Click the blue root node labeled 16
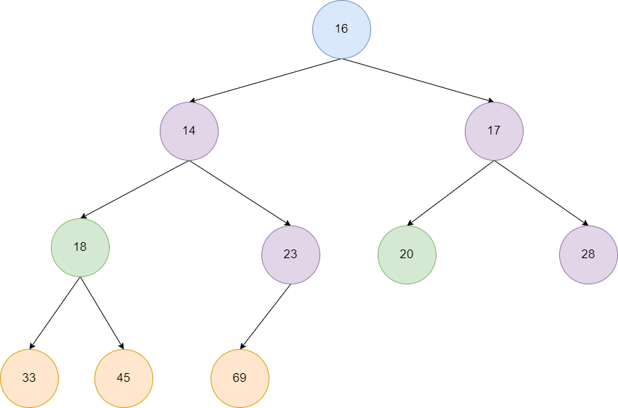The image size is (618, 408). (x=342, y=29)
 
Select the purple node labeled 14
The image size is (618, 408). (x=190, y=132)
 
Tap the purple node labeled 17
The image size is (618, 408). (x=495, y=132)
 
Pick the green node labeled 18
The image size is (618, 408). (x=80, y=247)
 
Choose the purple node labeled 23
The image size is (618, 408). (x=291, y=255)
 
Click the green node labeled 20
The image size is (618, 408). (x=407, y=255)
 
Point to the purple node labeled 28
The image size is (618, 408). (x=588, y=255)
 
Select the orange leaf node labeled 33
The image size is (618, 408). (x=29, y=378)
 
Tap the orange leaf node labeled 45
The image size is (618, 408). (x=123, y=378)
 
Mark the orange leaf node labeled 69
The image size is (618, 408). (x=240, y=378)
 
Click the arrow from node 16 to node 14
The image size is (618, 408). (x=265, y=80)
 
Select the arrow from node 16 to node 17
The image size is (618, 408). (x=418, y=80)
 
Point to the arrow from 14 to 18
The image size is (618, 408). (x=135, y=189)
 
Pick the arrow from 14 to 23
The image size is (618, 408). (x=240, y=193)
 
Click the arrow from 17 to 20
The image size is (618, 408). (x=450, y=193)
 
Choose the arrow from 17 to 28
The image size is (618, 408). (x=541, y=193)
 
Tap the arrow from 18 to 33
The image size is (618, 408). (x=54, y=313)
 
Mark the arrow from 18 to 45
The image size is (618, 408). (x=102, y=313)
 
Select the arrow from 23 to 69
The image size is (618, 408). (x=265, y=316)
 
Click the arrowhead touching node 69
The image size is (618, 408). (x=243, y=346)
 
